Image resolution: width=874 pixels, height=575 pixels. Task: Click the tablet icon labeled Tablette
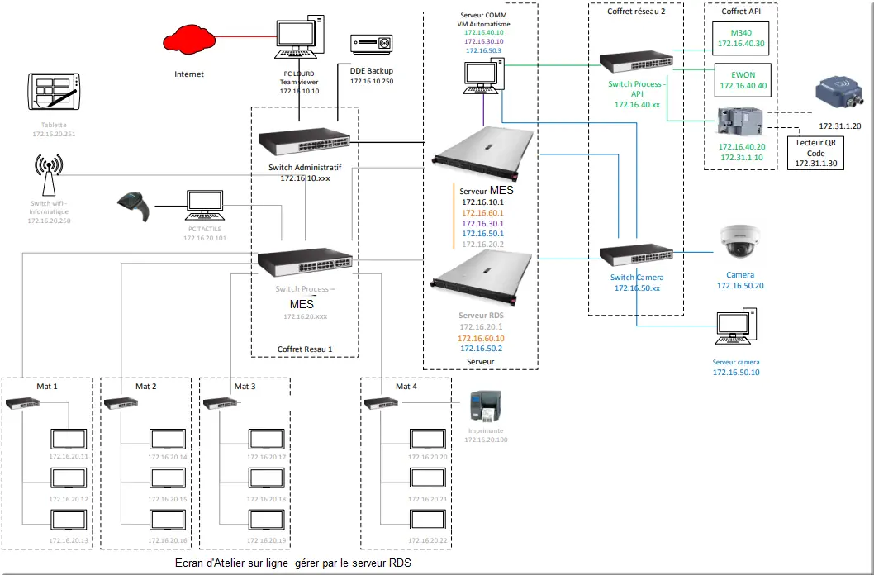click(x=55, y=92)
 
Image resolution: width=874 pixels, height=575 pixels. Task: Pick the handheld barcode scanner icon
click(x=134, y=206)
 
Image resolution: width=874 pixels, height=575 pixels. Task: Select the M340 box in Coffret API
click(x=741, y=37)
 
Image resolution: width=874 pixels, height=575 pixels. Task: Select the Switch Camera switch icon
click(x=636, y=254)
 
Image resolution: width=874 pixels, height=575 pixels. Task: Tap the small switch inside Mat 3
click(x=217, y=403)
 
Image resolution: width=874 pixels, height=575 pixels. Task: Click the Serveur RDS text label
click(x=482, y=316)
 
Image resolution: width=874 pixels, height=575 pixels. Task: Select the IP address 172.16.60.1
click(x=482, y=212)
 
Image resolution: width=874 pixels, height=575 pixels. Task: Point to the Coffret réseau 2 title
click(x=635, y=11)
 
